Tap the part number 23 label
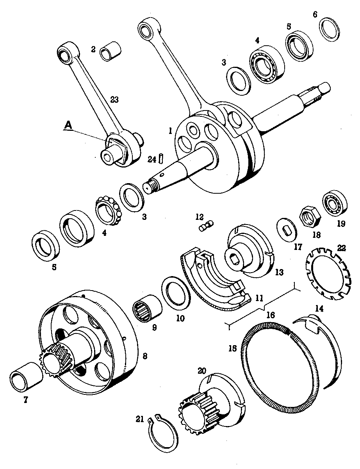coord(114,100)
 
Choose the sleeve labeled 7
coord(26,375)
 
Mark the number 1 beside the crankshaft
coord(170,131)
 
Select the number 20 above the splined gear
coord(202,371)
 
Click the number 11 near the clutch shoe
coord(258,298)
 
